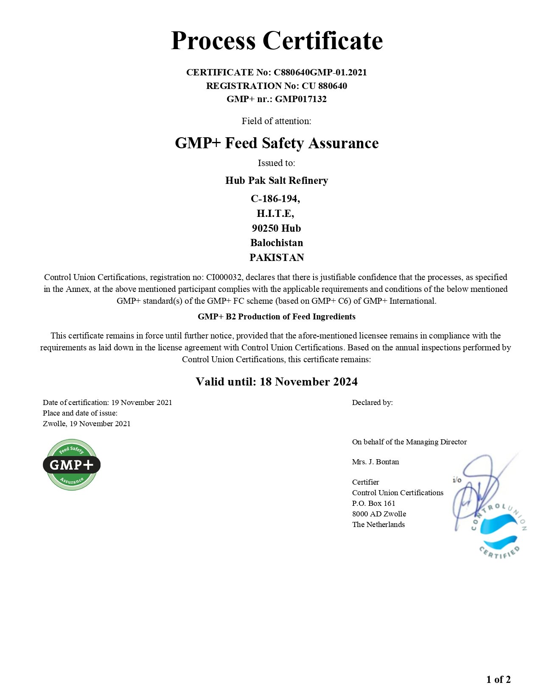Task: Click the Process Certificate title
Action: point(277,41)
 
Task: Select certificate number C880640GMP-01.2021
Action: point(320,72)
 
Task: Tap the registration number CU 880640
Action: point(324,86)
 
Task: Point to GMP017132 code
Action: point(301,99)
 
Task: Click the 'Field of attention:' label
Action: point(276,121)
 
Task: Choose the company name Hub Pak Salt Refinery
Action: point(277,180)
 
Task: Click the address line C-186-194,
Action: point(275,199)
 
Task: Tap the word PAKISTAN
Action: point(277,258)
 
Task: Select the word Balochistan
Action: point(277,243)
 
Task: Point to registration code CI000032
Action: point(224,277)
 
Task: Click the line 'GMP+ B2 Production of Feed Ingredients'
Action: point(277,316)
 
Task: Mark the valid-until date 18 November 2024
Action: point(308,382)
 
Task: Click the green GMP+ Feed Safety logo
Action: point(72,465)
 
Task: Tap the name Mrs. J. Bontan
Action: point(376,462)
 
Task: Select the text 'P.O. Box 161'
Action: point(373,503)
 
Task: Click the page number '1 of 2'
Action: point(498,680)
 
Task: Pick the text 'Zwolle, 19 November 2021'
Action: point(87,424)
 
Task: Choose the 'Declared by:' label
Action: point(372,402)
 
